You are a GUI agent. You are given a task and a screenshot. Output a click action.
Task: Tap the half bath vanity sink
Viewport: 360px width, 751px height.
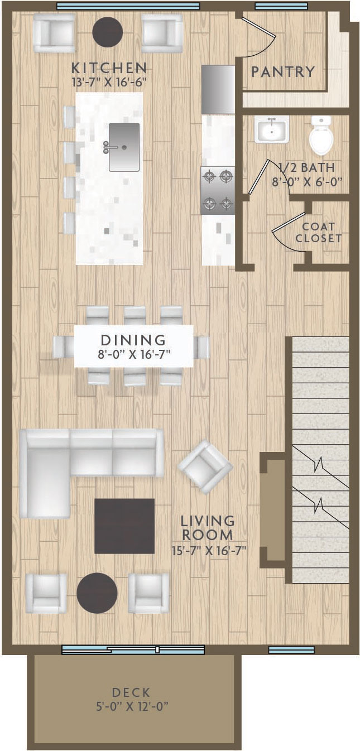pyautogui.click(x=271, y=130)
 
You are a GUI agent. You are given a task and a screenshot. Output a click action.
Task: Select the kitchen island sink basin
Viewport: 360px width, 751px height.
pyautogui.click(x=124, y=147)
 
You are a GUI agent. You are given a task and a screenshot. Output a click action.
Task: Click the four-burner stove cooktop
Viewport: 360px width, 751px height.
pyautogui.click(x=218, y=191)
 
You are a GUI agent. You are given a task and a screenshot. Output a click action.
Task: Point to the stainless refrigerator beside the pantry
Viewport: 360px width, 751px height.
pyautogui.click(x=218, y=89)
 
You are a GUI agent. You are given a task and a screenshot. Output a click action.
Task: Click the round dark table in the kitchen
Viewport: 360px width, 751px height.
pyautogui.click(x=107, y=32)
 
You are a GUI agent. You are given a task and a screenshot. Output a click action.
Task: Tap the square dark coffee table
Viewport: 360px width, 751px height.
pyautogui.click(x=124, y=526)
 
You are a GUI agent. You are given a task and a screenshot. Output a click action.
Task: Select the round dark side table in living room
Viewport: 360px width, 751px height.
pyautogui.click(x=97, y=593)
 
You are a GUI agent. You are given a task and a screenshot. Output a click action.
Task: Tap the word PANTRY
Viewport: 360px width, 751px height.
pyautogui.click(x=283, y=72)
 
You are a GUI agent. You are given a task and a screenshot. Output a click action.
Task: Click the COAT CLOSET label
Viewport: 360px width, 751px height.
pyautogui.click(x=318, y=232)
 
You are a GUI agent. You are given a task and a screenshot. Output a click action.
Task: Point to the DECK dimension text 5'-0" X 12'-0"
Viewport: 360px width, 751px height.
pyautogui.click(x=132, y=707)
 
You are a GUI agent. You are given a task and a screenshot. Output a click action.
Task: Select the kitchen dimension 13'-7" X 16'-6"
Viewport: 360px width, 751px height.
pyautogui.click(x=109, y=83)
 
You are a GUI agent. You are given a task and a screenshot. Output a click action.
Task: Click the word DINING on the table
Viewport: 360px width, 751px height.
pyautogui.click(x=133, y=340)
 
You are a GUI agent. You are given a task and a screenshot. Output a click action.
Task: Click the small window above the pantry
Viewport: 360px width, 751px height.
pyautogui.click(x=281, y=6)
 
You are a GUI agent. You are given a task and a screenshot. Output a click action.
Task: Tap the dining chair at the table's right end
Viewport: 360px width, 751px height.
pyautogui.click(x=202, y=346)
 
